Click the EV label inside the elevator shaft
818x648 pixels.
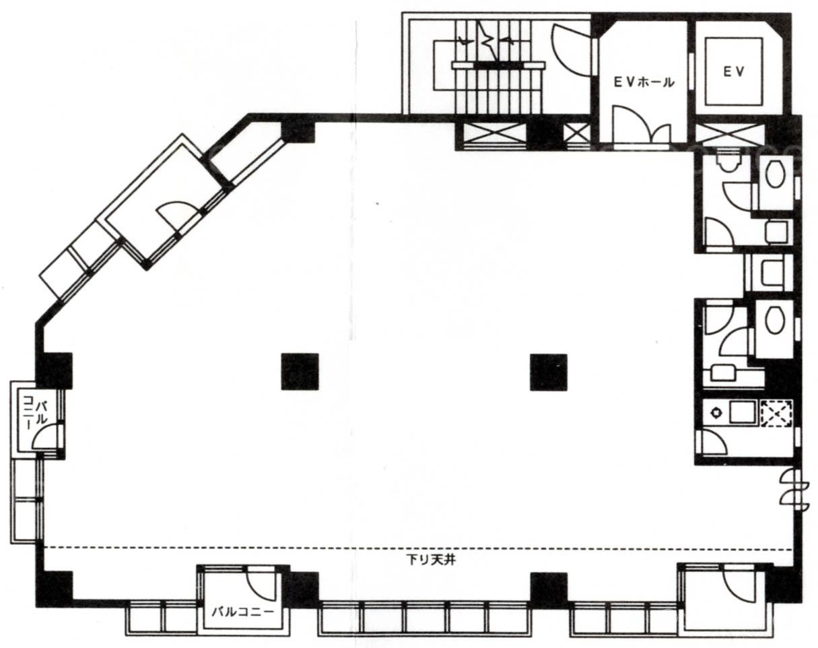(x=733, y=72)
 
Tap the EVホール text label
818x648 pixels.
(x=644, y=82)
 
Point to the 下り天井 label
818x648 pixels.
(x=431, y=560)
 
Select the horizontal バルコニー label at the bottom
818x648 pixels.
(x=243, y=612)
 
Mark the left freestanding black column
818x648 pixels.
(x=300, y=372)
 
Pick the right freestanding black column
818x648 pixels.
(x=549, y=372)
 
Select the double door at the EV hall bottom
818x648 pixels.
(x=641, y=125)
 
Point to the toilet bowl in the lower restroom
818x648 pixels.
(x=776, y=320)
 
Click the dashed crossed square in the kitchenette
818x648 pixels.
(x=776, y=413)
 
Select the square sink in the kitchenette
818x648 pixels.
(x=741, y=413)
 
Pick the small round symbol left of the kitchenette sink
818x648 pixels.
(x=716, y=413)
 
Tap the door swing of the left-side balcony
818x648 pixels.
(x=46, y=436)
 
